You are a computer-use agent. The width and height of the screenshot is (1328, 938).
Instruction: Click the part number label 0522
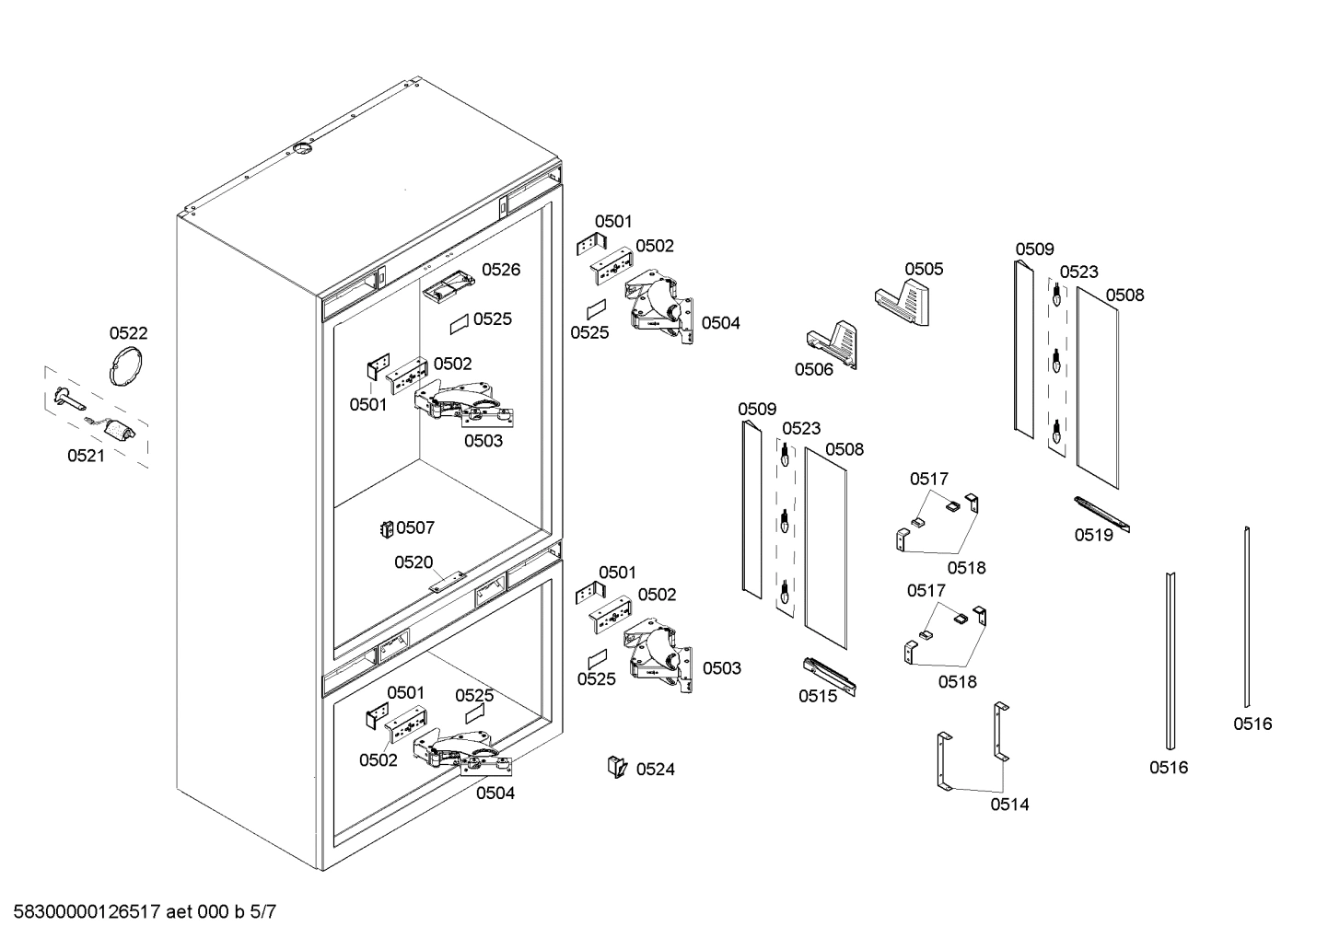tap(128, 333)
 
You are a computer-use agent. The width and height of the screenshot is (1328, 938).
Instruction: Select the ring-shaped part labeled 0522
tap(126, 365)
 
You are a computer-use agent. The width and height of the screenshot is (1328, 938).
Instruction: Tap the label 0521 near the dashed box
tap(86, 455)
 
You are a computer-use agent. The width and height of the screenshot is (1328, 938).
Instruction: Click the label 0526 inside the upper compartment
tap(501, 269)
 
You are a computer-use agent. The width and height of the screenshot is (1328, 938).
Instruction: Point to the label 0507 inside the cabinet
tap(415, 527)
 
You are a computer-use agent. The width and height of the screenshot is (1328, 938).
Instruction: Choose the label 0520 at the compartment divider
tap(414, 562)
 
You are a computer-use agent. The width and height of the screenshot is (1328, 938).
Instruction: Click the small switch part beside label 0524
tap(615, 766)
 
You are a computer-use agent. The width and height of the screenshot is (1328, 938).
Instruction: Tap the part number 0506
tap(814, 369)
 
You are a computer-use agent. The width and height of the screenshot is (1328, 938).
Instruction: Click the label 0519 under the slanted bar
tap(1093, 535)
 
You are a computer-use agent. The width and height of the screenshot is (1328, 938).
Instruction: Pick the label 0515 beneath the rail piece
tap(818, 696)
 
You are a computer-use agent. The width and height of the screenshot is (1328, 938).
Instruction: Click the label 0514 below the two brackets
tap(1009, 804)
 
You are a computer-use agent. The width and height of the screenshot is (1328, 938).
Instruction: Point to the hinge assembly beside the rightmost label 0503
tap(660, 658)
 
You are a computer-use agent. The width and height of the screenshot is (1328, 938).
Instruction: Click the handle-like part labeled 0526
tap(448, 285)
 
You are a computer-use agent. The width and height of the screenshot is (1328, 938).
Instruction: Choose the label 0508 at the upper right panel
tap(1124, 295)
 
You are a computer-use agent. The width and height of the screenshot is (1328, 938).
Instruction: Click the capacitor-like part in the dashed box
tap(117, 431)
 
